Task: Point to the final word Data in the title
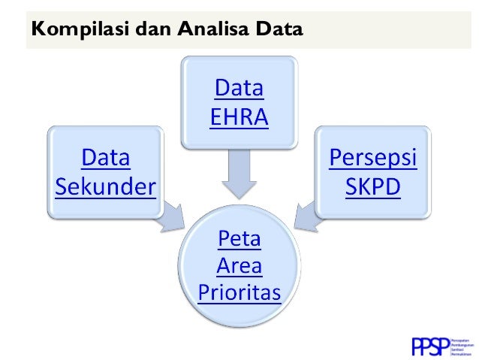278,31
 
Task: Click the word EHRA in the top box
239,118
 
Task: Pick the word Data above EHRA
239,89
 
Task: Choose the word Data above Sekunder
106,159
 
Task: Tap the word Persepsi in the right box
373,159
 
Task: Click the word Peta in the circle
239,239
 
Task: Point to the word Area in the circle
239,265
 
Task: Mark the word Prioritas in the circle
239,291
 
